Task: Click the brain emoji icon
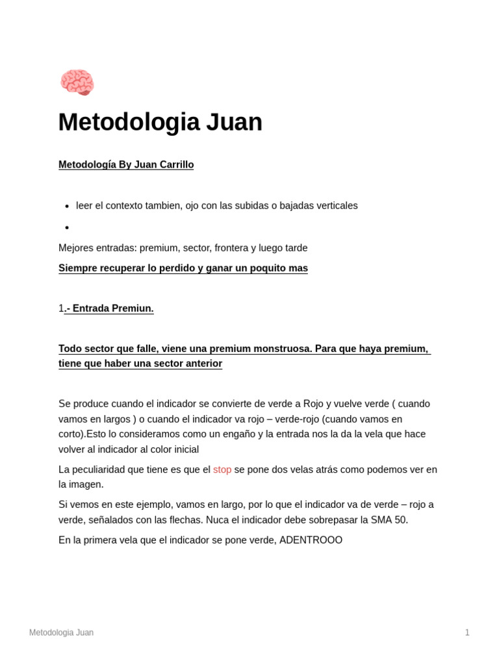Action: pyautogui.click(x=77, y=82)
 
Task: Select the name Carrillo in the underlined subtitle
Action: pyautogui.click(x=173, y=164)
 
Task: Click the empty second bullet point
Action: pyautogui.click(x=67, y=227)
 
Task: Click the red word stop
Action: pyautogui.click(x=222, y=469)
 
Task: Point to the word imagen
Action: pyautogui.click(x=87, y=484)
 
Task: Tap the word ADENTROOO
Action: pyautogui.click(x=311, y=540)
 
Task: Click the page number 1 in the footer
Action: pyautogui.click(x=467, y=632)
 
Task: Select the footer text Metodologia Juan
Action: pyautogui.click(x=61, y=632)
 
